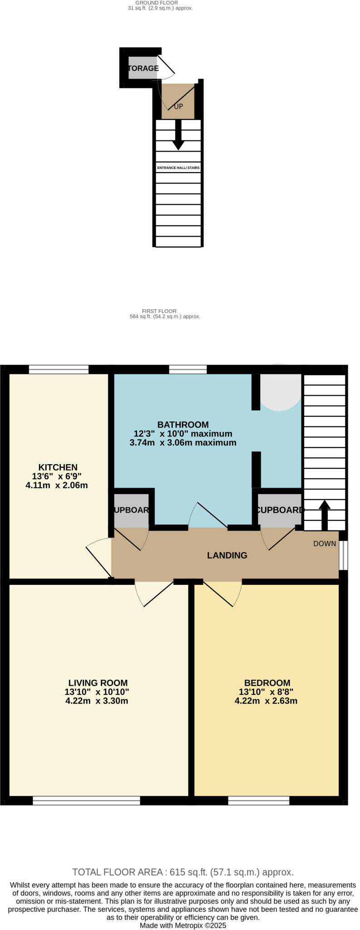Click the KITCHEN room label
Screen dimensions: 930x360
pos(58,467)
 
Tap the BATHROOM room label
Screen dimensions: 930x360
pos(183,424)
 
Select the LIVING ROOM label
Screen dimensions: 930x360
pos(98,683)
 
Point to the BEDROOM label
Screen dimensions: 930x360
pos(267,683)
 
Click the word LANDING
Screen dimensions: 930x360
pos(227,555)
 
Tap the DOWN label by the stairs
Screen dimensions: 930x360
pos(325,544)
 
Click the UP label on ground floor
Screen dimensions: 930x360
pos(178,107)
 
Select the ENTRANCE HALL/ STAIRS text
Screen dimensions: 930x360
pos(178,168)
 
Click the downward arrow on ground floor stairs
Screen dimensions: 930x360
pos(178,136)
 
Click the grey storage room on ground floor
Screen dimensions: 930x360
pos(143,68)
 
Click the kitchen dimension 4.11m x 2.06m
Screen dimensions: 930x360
pos(57,485)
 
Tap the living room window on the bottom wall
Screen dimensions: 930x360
pos(86,801)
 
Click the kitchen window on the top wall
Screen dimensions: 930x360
pos(59,369)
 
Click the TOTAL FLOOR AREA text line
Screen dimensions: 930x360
pos(183,872)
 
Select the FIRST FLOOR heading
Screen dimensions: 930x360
pos(165,311)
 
